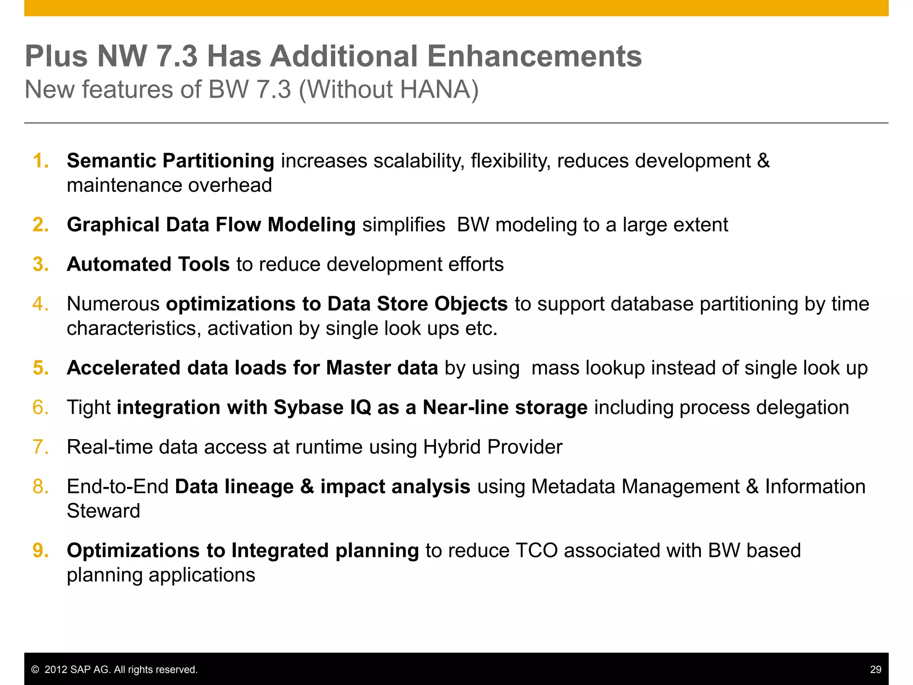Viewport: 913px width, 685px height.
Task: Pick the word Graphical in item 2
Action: point(113,225)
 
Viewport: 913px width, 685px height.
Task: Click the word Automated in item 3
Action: point(119,264)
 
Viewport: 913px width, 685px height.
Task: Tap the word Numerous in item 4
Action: point(113,304)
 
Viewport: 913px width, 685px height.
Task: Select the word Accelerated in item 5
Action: point(123,368)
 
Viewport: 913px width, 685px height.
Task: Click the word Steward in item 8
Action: point(103,511)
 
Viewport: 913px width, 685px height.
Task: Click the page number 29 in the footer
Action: point(876,669)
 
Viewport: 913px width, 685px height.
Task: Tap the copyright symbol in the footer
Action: point(35,670)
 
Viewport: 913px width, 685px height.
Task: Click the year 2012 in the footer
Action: point(56,669)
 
